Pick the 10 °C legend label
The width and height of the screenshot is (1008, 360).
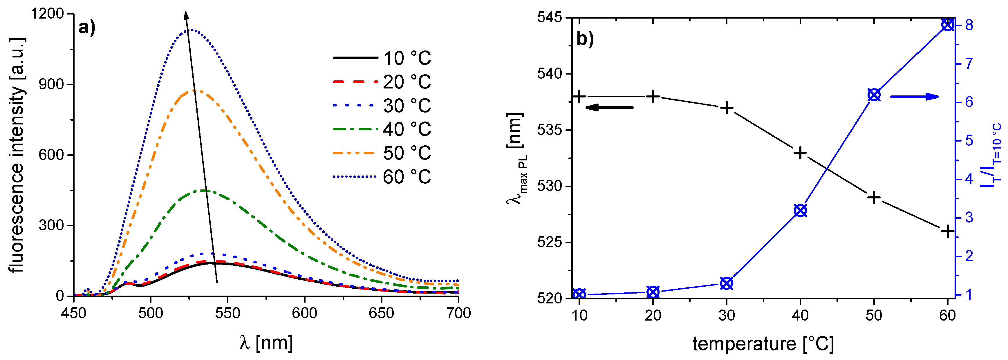pos(407,58)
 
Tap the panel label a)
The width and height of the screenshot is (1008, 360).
pos(86,28)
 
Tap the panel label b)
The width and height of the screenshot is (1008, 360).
pos(585,39)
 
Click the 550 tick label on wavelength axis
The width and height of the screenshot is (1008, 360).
pos(227,313)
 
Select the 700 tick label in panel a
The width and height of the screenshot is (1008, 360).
pos(458,313)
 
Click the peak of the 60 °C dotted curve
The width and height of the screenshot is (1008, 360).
pos(192,30)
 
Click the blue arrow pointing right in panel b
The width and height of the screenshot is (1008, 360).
pos(915,97)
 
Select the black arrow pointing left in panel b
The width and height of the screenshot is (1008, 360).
pos(609,107)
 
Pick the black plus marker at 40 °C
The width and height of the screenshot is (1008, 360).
pos(800,153)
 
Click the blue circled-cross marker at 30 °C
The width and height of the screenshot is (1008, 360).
pos(727,283)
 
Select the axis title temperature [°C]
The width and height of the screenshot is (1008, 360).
pos(763,344)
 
